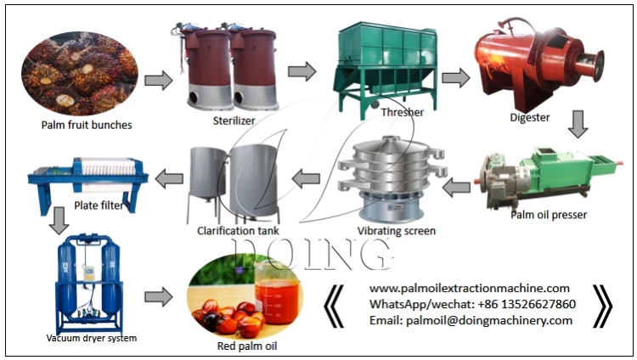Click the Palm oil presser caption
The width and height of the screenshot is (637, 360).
click(x=548, y=215)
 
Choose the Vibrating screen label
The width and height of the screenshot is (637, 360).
click(x=397, y=230)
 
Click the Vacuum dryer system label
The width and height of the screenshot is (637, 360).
click(x=91, y=338)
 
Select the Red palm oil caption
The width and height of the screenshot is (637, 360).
click(x=247, y=346)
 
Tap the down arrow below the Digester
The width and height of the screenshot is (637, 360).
click(x=578, y=124)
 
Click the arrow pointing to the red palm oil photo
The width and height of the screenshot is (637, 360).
click(x=157, y=298)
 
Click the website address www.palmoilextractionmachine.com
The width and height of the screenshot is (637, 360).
click(x=470, y=289)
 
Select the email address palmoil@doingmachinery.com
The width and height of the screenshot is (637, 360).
click(x=471, y=320)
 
